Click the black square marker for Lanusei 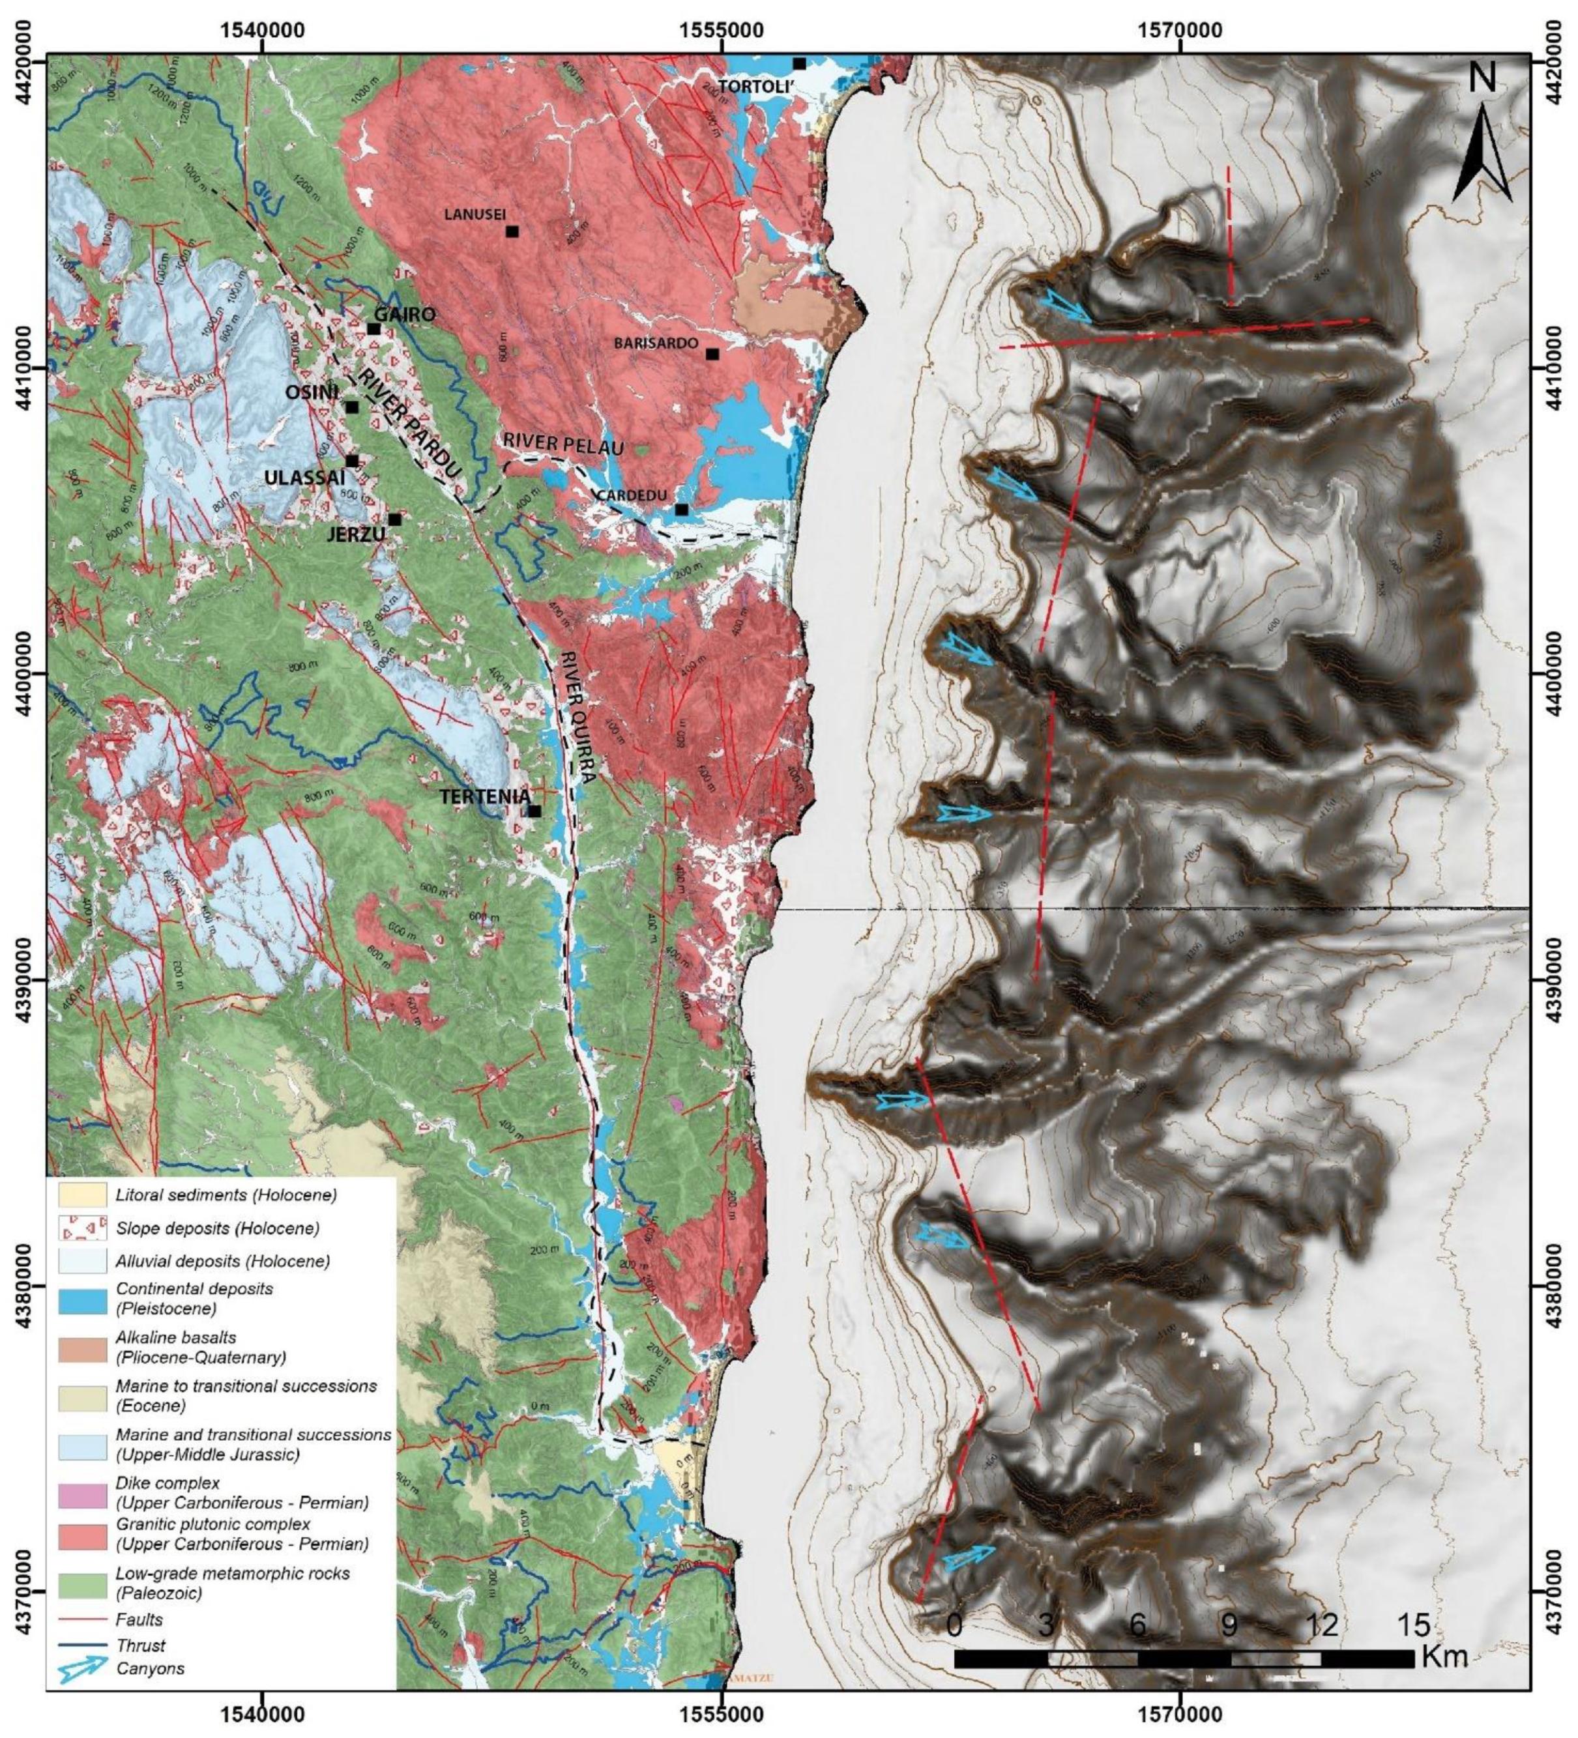[512, 231]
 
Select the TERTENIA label [484, 796]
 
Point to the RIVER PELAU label [563, 443]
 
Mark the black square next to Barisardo [712, 353]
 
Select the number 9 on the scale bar [1229, 1625]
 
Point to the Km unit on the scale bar [1445, 1657]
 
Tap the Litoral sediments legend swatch [82, 1195]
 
